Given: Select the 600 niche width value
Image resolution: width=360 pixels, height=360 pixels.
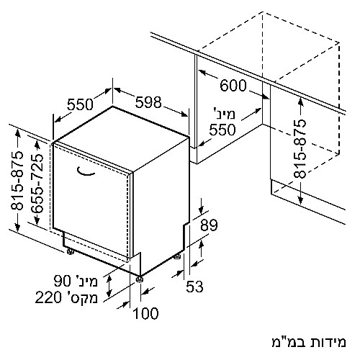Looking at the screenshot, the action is [x=233, y=86].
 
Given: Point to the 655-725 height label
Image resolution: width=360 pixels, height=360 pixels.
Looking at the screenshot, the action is [x=37, y=184].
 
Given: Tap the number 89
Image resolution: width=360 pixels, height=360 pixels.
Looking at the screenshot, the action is [x=209, y=225].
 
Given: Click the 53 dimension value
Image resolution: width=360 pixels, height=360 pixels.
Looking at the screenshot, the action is [x=194, y=287].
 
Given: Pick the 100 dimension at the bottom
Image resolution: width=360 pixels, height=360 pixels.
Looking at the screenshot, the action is [x=145, y=313].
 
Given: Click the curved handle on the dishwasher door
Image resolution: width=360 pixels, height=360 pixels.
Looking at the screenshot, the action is [x=86, y=171].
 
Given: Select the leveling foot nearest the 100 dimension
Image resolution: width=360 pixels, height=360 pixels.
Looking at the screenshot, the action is [x=140, y=279].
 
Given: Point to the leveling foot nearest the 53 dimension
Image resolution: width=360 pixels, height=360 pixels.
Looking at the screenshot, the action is [x=177, y=257].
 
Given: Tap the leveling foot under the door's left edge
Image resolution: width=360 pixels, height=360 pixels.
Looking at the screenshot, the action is [x=70, y=251].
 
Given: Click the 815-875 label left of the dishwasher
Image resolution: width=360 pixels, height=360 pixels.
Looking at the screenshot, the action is [x=17, y=181].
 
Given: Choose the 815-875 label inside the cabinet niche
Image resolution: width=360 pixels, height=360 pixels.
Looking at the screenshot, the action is [x=300, y=149].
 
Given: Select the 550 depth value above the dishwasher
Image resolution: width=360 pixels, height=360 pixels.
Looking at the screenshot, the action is [x=80, y=104].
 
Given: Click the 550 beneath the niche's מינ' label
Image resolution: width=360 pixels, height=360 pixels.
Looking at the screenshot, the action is [x=222, y=130].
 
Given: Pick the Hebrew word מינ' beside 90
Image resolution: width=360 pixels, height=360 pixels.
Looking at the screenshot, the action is [x=86, y=281].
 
